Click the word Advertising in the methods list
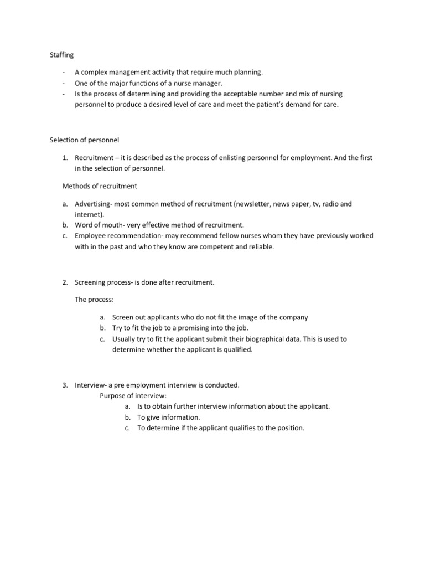pos(92,204)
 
